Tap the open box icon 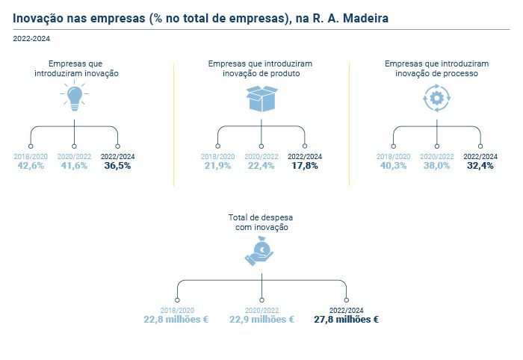(x=261, y=99)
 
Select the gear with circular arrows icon (x=436, y=98)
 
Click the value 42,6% (x=31, y=166)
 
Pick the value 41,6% (x=74, y=166)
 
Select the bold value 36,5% (x=117, y=166)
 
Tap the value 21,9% (x=217, y=166)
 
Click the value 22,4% (x=261, y=166)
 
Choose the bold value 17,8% (x=305, y=166)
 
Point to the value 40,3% (x=393, y=166)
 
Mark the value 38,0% (x=436, y=166)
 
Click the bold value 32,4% (x=480, y=166)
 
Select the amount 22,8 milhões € (x=176, y=320)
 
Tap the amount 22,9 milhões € (x=261, y=320)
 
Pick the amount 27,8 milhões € (x=346, y=320)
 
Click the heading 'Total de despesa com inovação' (x=261, y=222)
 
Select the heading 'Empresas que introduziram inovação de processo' (x=436, y=69)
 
